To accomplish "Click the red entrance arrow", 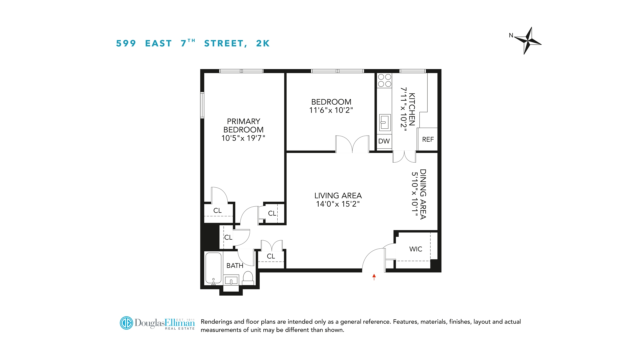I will click(x=374, y=277).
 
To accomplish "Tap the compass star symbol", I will click(x=528, y=41).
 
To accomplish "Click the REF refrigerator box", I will click(x=428, y=139).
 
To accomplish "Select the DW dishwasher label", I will click(x=384, y=141).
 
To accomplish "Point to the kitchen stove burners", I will click(x=384, y=80).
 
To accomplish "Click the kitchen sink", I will click(x=385, y=122).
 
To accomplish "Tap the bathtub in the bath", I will click(x=213, y=268).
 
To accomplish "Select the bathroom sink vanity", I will click(x=231, y=280).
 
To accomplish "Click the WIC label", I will click(x=416, y=249).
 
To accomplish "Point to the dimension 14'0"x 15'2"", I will click(x=338, y=204).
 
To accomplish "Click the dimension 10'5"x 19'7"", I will click(x=243, y=138).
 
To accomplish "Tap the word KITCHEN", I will click(x=412, y=109).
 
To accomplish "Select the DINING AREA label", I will click(x=423, y=194).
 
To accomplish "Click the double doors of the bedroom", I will click(x=352, y=144).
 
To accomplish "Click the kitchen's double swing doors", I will click(x=404, y=157).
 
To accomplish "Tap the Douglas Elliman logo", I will click(x=157, y=323).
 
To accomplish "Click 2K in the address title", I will click(x=263, y=43).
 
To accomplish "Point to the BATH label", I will click(x=235, y=266).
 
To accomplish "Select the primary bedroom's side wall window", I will click(x=202, y=105).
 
